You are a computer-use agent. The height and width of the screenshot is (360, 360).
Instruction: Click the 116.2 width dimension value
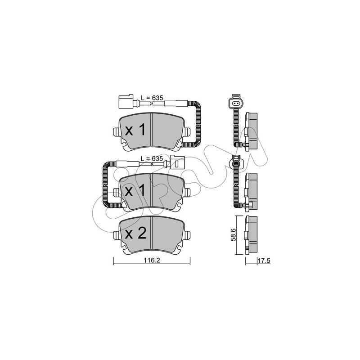(x=152, y=261)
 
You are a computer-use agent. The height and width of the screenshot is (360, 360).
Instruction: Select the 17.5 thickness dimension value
(x=264, y=261)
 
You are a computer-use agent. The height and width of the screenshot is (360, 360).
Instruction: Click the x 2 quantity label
(x=135, y=234)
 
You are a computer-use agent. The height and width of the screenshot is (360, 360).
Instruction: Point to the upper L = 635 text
(x=152, y=98)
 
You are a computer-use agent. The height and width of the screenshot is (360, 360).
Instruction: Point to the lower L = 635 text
(x=152, y=159)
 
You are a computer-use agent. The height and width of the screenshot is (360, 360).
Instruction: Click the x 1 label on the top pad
(x=135, y=130)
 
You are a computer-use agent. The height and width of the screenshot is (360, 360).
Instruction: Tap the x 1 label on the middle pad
(x=135, y=190)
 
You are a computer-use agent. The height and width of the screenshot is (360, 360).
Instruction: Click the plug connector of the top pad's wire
(x=126, y=102)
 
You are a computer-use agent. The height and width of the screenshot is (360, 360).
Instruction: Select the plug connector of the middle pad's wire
(x=177, y=162)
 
